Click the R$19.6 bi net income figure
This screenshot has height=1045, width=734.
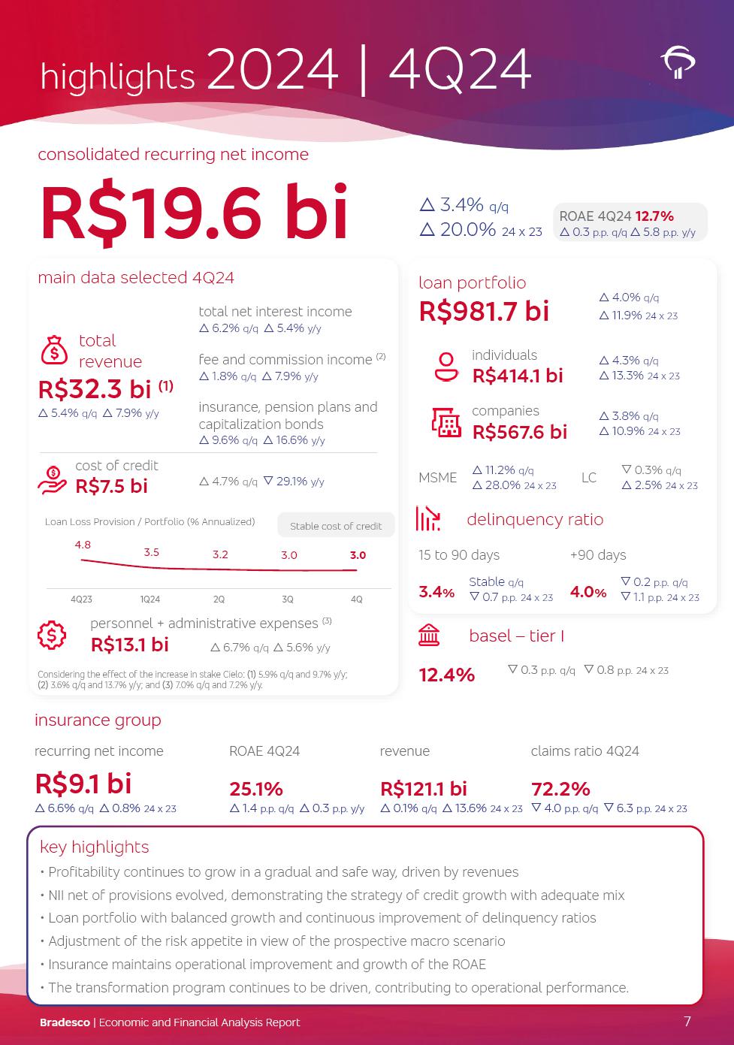[194, 213]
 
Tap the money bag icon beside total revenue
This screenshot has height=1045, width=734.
[54, 350]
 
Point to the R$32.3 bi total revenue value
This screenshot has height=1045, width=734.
[95, 389]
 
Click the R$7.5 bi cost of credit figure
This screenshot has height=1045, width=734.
[111, 486]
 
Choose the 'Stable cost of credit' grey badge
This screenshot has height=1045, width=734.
[336, 526]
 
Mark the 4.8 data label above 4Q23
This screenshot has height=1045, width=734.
[83, 545]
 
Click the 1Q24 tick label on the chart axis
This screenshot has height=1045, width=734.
[150, 600]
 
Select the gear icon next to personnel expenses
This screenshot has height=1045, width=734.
[52, 635]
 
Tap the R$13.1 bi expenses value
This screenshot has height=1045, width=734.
[130, 645]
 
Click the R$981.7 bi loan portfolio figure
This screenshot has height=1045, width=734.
[484, 311]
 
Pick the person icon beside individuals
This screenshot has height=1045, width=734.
[446, 367]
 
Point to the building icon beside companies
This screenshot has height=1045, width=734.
[446, 422]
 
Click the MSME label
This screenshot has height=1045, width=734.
[437, 478]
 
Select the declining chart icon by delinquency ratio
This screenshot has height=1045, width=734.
[428, 519]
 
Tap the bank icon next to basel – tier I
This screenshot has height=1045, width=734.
[429, 636]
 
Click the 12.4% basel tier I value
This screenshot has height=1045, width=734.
[447, 675]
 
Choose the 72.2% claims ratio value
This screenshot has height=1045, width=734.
[560, 789]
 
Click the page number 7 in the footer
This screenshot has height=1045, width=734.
[687, 1021]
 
